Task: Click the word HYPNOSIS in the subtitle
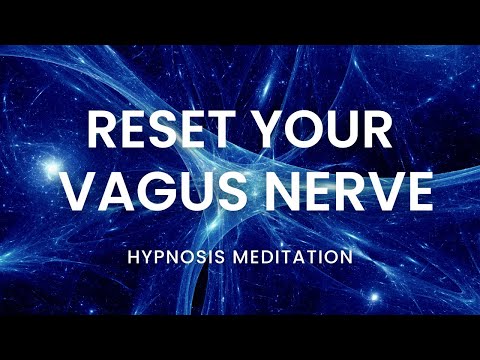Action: (x=174, y=258)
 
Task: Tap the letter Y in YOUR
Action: (x=275, y=132)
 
